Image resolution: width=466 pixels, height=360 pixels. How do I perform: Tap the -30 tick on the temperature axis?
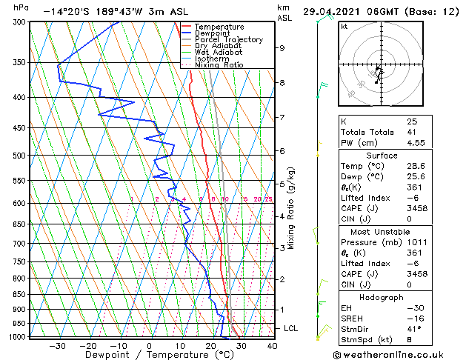click(56, 345)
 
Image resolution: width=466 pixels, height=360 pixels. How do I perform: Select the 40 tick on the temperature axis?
click(272, 345)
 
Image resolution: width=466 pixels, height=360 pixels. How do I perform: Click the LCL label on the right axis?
click(291, 327)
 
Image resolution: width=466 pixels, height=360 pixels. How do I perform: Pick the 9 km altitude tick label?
click(282, 48)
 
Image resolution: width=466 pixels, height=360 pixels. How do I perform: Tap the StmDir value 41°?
click(414, 328)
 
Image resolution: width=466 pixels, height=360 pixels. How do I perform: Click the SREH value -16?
click(413, 318)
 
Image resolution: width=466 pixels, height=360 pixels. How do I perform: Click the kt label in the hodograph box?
click(344, 26)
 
